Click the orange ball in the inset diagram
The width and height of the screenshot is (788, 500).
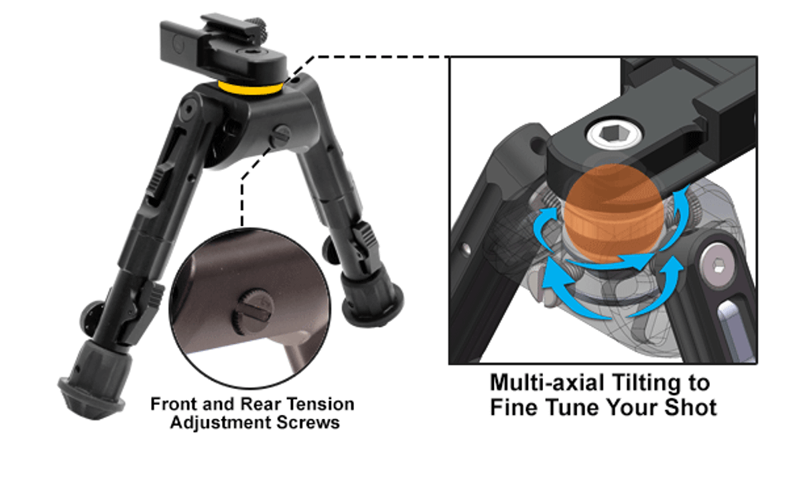613,214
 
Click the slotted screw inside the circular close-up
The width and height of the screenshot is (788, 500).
252,312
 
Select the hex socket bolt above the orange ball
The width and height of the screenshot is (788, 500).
615,134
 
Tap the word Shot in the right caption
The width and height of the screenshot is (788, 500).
690,407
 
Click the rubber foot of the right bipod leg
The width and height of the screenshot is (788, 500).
372,296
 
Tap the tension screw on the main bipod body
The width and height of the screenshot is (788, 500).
280,135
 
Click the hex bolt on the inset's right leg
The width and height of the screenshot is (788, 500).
718,265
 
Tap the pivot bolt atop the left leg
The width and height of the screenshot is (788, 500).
189,109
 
